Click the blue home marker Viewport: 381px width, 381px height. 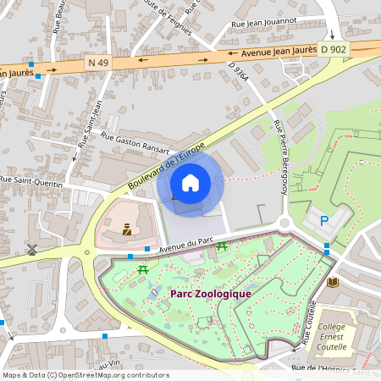pos(190,182)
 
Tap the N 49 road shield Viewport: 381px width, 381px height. pos(98,62)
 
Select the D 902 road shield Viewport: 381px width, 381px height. pos(334,49)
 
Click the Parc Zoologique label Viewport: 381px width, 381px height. pos(211,293)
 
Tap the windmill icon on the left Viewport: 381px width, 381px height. pos(32,250)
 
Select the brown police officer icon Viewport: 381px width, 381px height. pos(127,229)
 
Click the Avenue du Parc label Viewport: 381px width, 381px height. pos(186,243)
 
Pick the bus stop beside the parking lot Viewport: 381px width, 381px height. pos(327,247)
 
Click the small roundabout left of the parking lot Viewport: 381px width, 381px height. pos(284,224)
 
